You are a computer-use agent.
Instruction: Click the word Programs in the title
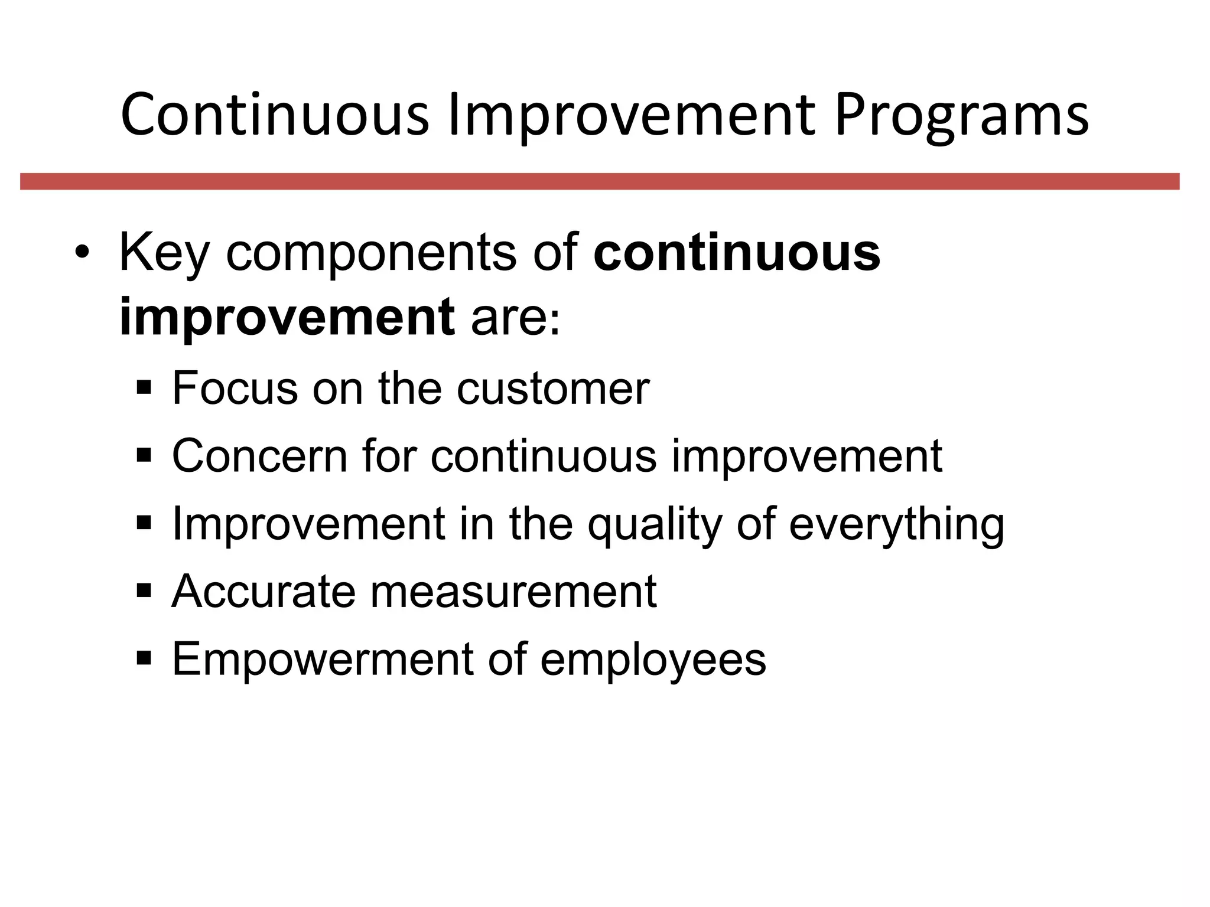[x=961, y=116]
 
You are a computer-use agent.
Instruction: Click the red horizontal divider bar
[x=600, y=181]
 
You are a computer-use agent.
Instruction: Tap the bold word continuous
[x=736, y=253]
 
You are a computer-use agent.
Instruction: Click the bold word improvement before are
[x=287, y=317]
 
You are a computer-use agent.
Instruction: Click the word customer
[x=553, y=389]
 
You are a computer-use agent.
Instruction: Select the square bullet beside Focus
[x=144, y=389]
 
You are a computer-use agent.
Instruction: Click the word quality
[x=655, y=524]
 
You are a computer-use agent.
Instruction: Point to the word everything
[x=896, y=524]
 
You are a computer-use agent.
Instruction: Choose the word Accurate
[x=263, y=591]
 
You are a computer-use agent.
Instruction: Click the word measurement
[x=513, y=591]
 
